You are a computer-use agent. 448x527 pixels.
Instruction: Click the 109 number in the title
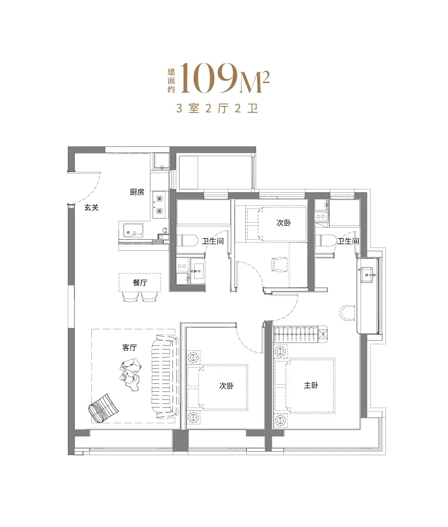coord(209,78)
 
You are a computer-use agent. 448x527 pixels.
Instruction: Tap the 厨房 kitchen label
coord(137,192)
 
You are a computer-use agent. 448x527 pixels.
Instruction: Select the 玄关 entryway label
coord(91,207)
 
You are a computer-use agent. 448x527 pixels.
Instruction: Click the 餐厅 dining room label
coord(140,282)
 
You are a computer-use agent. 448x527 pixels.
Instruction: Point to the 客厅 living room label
coord(129,347)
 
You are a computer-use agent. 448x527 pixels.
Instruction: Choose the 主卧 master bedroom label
coord(311,385)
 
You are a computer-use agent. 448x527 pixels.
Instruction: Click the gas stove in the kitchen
coord(159,205)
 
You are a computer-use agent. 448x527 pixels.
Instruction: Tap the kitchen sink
coord(133,230)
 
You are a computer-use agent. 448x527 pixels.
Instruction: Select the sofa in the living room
coord(165,376)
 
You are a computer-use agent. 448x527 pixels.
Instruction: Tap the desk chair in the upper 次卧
coord(280,264)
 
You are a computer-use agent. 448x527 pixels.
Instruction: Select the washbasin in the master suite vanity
coord(368,275)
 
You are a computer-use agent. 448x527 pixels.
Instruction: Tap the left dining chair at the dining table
coord(130,296)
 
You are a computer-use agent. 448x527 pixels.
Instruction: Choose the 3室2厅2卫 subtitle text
coord(217,108)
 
